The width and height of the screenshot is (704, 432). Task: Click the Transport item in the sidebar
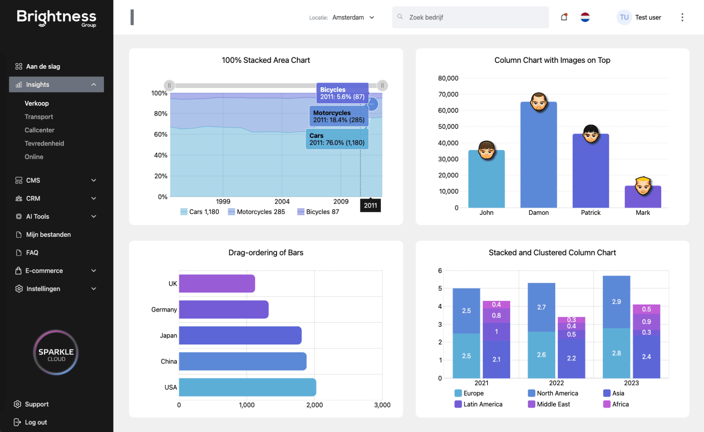click(39, 117)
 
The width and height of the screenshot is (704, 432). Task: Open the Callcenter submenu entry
click(40, 130)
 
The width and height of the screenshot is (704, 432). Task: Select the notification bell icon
click(564, 17)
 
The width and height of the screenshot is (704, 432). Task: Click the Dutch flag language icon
click(585, 17)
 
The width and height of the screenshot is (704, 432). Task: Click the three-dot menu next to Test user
click(682, 17)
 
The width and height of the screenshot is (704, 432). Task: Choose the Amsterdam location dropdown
click(353, 17)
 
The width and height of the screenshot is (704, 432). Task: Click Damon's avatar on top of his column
click(539, 102)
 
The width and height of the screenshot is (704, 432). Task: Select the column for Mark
click(642, 198)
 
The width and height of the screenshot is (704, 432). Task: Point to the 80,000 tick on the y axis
click(448, 78)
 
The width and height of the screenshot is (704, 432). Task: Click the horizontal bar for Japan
click(240, 335)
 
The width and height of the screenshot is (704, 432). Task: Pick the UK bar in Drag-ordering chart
click(217, 283)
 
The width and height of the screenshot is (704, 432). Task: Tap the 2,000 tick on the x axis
click(314, 405)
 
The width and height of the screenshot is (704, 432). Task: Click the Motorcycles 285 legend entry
click(257, 212)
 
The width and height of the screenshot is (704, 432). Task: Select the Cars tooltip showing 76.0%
click(337, 139)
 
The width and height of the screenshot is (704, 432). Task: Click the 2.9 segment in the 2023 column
click(616, 302)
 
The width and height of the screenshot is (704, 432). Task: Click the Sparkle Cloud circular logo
click(56, 352)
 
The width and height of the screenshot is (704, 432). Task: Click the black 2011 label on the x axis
click(370, 205)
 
